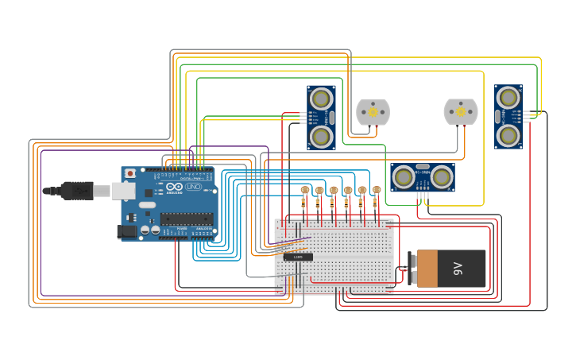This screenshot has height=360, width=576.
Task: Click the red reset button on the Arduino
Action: point(130,173)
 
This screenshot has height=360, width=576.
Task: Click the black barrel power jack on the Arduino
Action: point(126,231)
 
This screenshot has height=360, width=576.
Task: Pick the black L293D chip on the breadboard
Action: point(298,257)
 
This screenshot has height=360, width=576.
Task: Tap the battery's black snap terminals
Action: point(412,269)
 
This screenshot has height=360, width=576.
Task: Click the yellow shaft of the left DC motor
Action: point(373,113)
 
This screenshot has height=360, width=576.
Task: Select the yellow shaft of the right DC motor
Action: point(461,113)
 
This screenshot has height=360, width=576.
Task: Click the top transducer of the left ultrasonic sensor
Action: point(321,99)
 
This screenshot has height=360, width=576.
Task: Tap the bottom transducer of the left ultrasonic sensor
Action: point(321,137)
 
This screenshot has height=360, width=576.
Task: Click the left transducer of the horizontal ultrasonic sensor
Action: point(404,177)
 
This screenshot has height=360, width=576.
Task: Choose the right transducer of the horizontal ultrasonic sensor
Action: point(442,177)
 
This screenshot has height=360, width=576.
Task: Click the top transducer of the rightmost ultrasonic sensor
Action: point(508,98)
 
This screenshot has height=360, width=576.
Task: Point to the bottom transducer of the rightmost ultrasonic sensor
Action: point(508,135)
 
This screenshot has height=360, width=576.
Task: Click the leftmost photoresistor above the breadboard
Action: point(305,190)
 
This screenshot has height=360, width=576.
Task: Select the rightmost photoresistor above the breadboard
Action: point(377,190)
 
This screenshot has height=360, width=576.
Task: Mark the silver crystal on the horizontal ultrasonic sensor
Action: point(423,167)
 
